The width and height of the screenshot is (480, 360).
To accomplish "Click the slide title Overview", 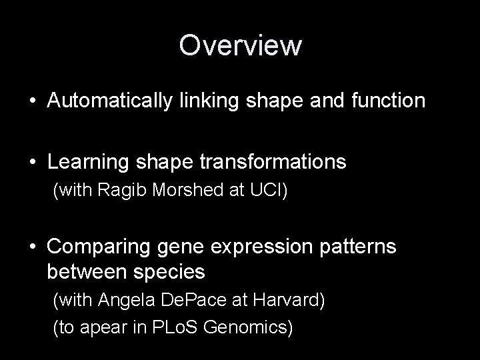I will (240, 46).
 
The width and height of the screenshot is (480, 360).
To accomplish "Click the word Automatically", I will (111, 102).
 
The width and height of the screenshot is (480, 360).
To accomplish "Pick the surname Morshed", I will (178, 191).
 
